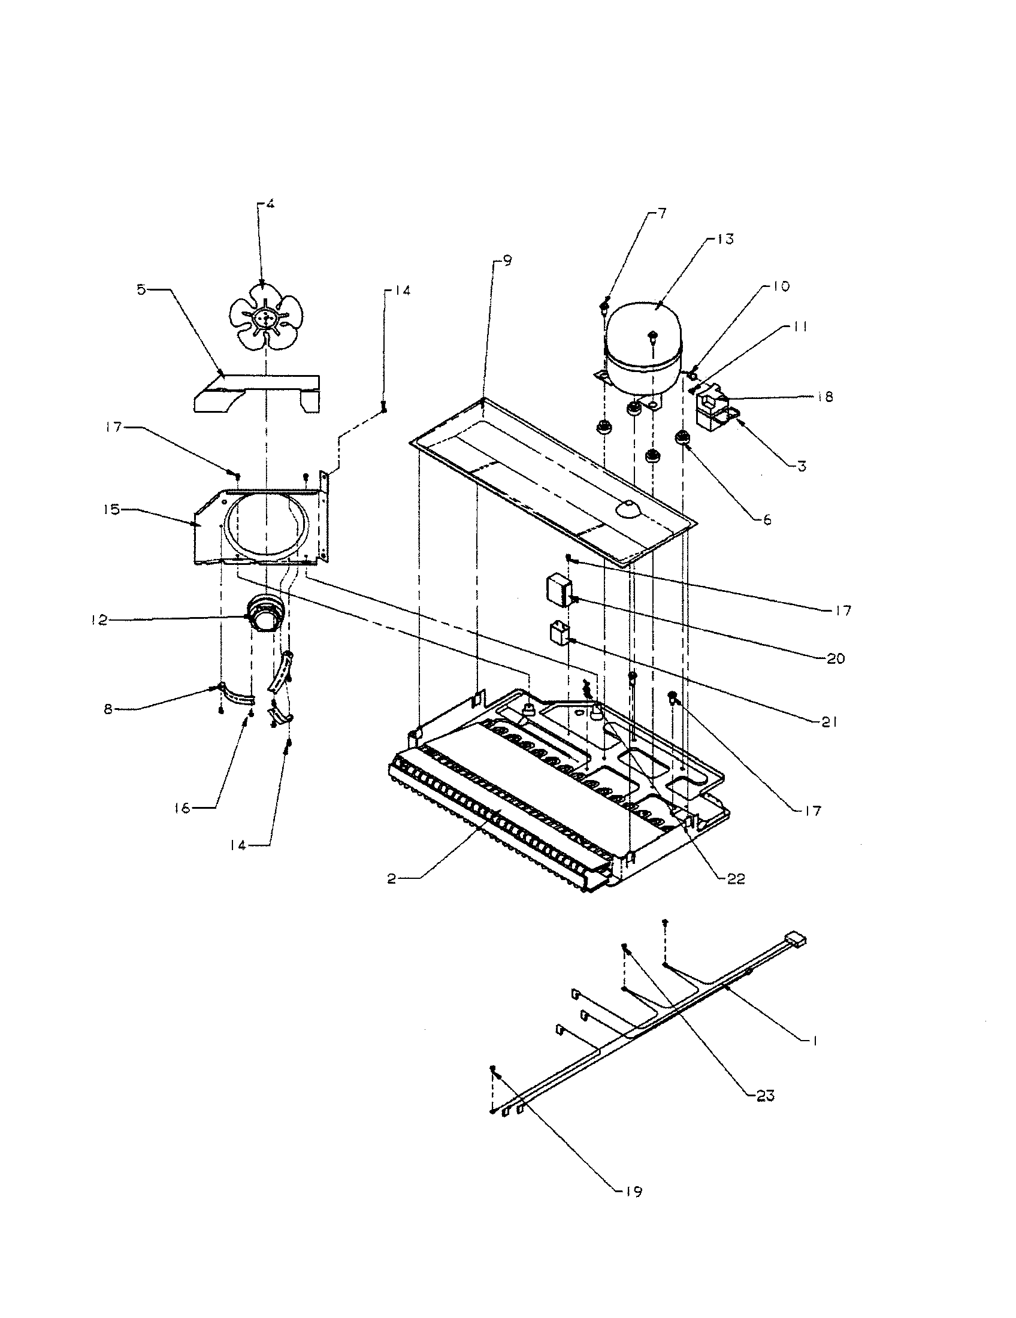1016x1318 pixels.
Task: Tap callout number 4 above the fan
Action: (270, 204)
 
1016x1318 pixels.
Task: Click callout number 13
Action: (726, 239)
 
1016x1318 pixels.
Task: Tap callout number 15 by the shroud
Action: (112, 510)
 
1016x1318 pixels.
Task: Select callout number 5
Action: (141, 291)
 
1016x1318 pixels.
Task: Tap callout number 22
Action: (736, 879)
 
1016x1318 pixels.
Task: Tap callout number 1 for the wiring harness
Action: (815, 1041)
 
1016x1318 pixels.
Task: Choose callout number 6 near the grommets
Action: (767, 519)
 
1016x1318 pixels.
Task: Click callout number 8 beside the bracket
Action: (108, 709)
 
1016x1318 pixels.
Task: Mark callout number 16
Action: (183, 808)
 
